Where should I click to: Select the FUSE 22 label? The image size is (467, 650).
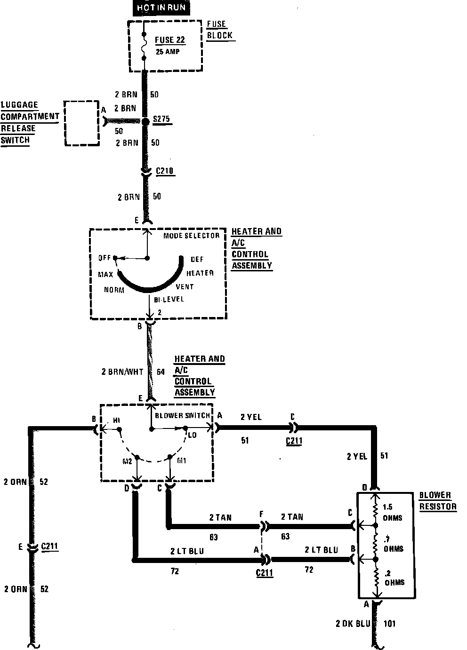point(170,40)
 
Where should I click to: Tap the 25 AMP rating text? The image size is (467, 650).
point(168,52)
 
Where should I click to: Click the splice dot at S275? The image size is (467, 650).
point(146,121)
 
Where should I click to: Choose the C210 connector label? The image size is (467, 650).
point(165,171)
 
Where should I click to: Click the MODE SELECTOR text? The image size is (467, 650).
point(192,236)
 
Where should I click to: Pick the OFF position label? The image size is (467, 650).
point(105,258)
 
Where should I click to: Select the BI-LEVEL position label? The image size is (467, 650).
point(169,299)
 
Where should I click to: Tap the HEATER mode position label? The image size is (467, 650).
point(200,273)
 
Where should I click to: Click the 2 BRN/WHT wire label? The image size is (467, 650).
point(122,372)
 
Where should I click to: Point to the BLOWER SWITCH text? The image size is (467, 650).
point(183,415)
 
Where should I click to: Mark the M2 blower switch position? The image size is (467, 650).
point(128,461)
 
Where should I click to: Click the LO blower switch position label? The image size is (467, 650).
point(192,435)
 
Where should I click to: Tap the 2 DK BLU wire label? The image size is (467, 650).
point(353,624)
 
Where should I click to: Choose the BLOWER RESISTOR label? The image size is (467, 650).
point(438,501)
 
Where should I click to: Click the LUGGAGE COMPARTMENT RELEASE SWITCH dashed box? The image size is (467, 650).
point(82,123)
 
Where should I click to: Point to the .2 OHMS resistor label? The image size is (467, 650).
point(394,578)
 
